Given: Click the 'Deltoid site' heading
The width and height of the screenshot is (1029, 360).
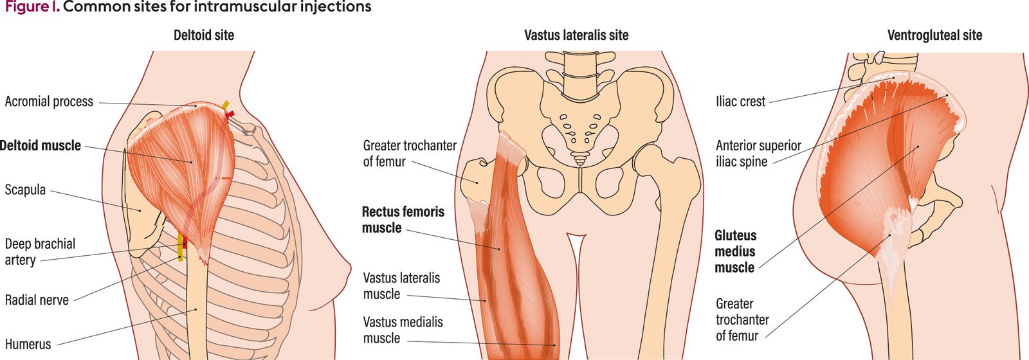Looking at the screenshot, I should (204, 35).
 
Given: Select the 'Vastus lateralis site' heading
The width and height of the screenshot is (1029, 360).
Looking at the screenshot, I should (576, 35).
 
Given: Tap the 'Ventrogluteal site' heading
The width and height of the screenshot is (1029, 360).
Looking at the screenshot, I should (934, 35).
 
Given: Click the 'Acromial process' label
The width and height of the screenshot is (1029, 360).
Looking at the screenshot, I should (49, 102).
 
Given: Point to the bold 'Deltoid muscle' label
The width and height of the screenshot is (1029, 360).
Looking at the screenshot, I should (41, 146).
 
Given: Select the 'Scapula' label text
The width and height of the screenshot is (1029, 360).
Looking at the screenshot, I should (25, 190).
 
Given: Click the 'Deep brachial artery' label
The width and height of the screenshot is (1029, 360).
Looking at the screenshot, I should (40, 252).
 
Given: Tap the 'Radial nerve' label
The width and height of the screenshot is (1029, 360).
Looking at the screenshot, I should (37, 300).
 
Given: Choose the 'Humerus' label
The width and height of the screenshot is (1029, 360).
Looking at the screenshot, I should (28, 345).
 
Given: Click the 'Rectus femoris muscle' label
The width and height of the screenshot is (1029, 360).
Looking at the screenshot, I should (403, 220).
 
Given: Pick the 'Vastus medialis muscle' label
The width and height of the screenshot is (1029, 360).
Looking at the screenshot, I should (403, 330).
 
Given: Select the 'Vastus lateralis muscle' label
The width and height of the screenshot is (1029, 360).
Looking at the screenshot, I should (401, 286).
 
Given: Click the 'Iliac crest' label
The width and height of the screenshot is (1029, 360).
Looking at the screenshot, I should (740, 102).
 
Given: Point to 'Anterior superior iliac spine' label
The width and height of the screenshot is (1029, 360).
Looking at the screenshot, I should (758, 154).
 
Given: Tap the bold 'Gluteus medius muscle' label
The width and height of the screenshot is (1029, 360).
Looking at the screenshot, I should (735, 251).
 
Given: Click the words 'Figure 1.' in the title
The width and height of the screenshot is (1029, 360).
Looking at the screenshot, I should (32, 8).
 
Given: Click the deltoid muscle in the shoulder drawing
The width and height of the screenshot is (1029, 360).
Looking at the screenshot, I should (183, 167).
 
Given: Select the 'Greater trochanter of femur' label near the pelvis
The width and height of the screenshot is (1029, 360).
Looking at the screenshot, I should (409, 154).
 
